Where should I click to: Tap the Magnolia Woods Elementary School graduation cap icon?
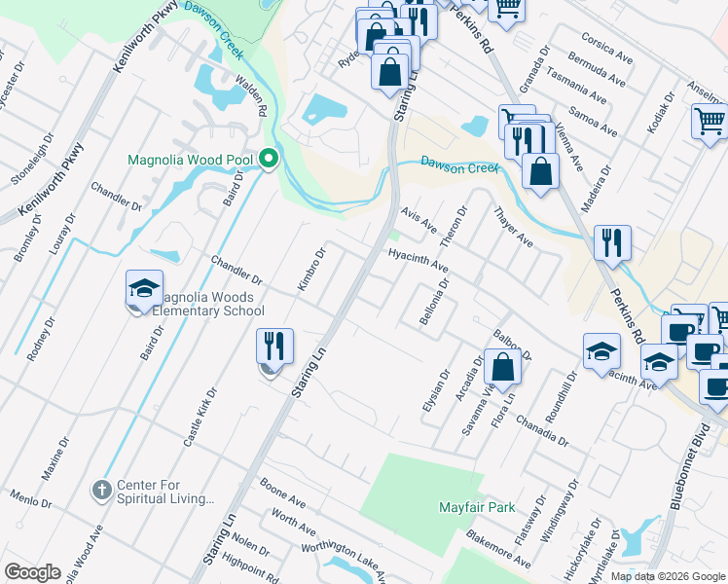click(143, 290)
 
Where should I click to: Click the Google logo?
click(32, 572)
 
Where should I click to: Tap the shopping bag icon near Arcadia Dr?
click(503, 368)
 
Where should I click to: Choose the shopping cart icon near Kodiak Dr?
click(710, 122)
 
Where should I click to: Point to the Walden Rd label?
click(249, 91)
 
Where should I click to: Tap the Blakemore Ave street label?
click(498, 548)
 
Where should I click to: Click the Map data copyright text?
click(667, 576)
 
